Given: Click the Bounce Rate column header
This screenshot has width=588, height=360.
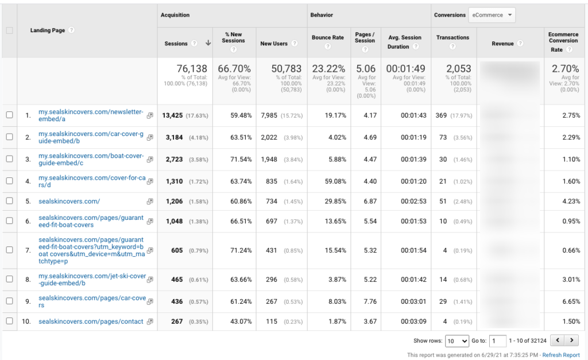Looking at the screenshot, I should (x=328, y=37).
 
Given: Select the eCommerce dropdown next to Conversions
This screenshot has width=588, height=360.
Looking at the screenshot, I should (x=492, y=16).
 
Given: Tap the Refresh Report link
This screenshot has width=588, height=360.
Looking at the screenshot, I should (x=561, y=355).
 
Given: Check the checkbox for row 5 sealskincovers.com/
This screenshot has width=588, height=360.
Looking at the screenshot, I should (x=9, y=202).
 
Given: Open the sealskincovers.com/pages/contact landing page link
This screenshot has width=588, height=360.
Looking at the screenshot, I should (x=91, y=322).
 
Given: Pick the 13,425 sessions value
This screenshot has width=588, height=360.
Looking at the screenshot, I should (x=172, y=115).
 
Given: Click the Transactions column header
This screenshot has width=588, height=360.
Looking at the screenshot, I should (x=452, y=37).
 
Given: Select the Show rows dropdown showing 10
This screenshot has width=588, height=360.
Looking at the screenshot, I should (x=457, y=341).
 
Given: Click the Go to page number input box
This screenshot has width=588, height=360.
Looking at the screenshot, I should (x=498, y=341).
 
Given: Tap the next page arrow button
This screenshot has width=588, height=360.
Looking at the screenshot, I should (x=572, y=340).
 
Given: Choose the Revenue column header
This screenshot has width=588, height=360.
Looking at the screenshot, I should (x=502, y=44).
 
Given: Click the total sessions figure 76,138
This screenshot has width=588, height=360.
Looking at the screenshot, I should (x=192, y=69).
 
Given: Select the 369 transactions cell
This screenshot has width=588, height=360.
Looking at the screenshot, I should (x=441, y=115).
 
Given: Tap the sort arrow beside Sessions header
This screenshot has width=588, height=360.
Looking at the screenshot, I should (x=208, y=44).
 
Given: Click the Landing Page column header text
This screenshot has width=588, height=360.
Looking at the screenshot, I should (x=48, y=30).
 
